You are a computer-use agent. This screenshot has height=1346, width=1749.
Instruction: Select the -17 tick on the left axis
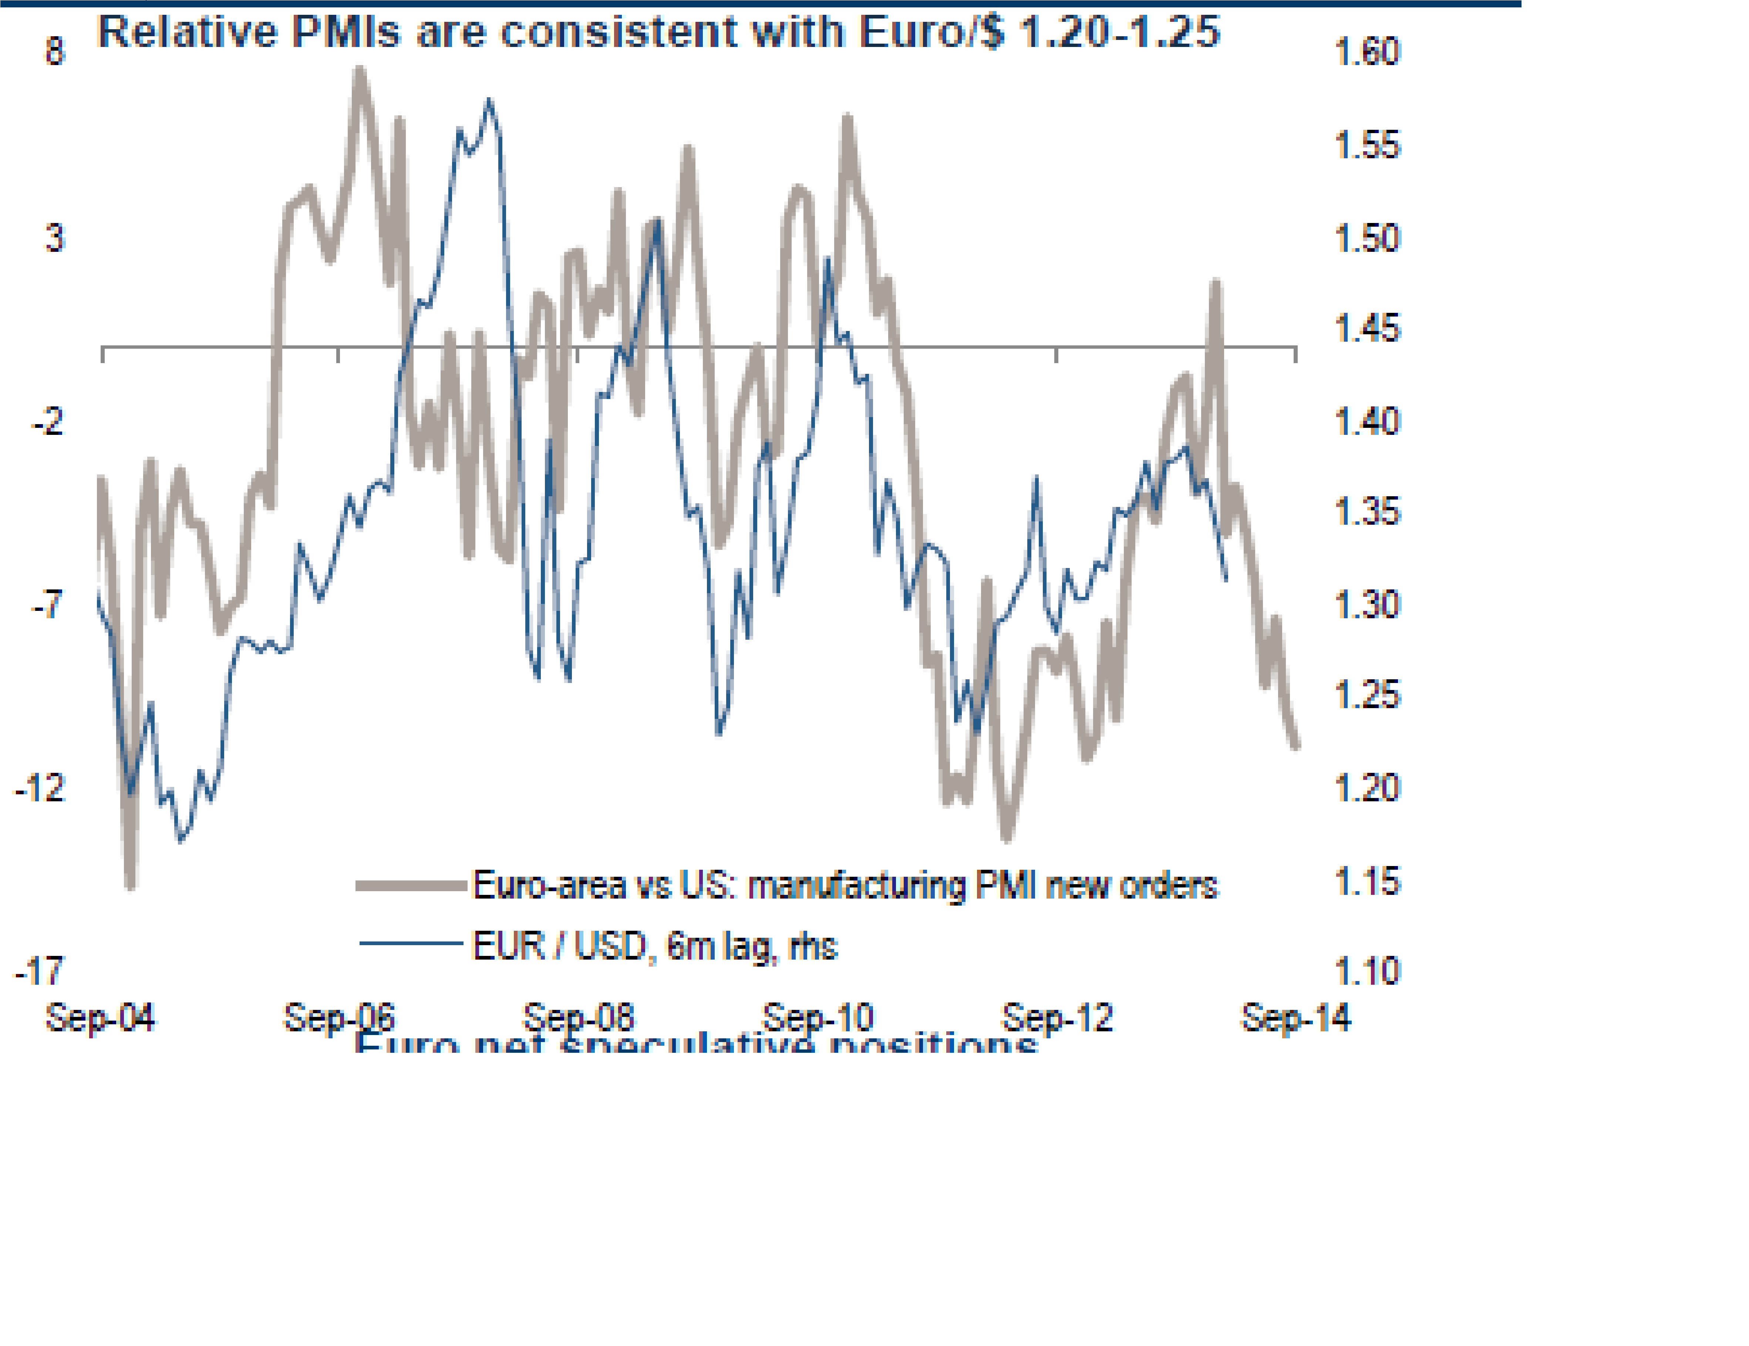pos(38,971)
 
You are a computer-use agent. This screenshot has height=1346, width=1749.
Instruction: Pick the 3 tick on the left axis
pos(54,238)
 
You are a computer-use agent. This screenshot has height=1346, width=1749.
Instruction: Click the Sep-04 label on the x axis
pos(100,1018)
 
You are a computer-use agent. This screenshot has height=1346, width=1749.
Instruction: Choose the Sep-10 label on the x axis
pos(818,1018)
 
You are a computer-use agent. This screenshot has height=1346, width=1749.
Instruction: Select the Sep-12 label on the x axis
pos(1057,1018)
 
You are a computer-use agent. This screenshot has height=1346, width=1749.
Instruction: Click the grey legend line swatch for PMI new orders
pos(411,886)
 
